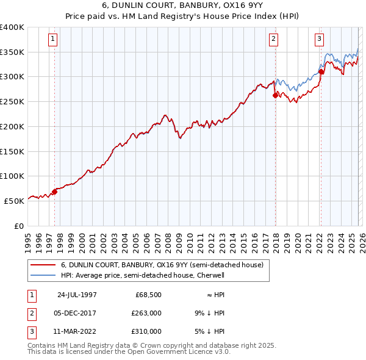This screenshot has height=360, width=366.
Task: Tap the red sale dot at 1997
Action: pyautogui.click(x=54, y=191)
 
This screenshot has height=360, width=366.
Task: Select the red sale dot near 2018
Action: pyautogui.click(x=275, y=95)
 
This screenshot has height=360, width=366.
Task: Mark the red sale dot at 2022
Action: pyautogui.click(x=321, y=71)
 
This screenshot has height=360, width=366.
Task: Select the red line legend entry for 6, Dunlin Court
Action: pyautogui.click(x=162, y=265)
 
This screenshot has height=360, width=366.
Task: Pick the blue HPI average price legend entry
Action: pyautogui.click(x=143, y=275)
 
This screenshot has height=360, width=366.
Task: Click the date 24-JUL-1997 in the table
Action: pyautogui.click(x=77, y=295)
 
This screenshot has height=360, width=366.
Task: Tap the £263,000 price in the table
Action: pyautogui.click(x=147, y=313)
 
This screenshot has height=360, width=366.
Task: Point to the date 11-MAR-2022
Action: pyautogui.click(x=77, y=331)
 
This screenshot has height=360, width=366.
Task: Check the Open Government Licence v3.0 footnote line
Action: pyautogui.click(x=129, y=353)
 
